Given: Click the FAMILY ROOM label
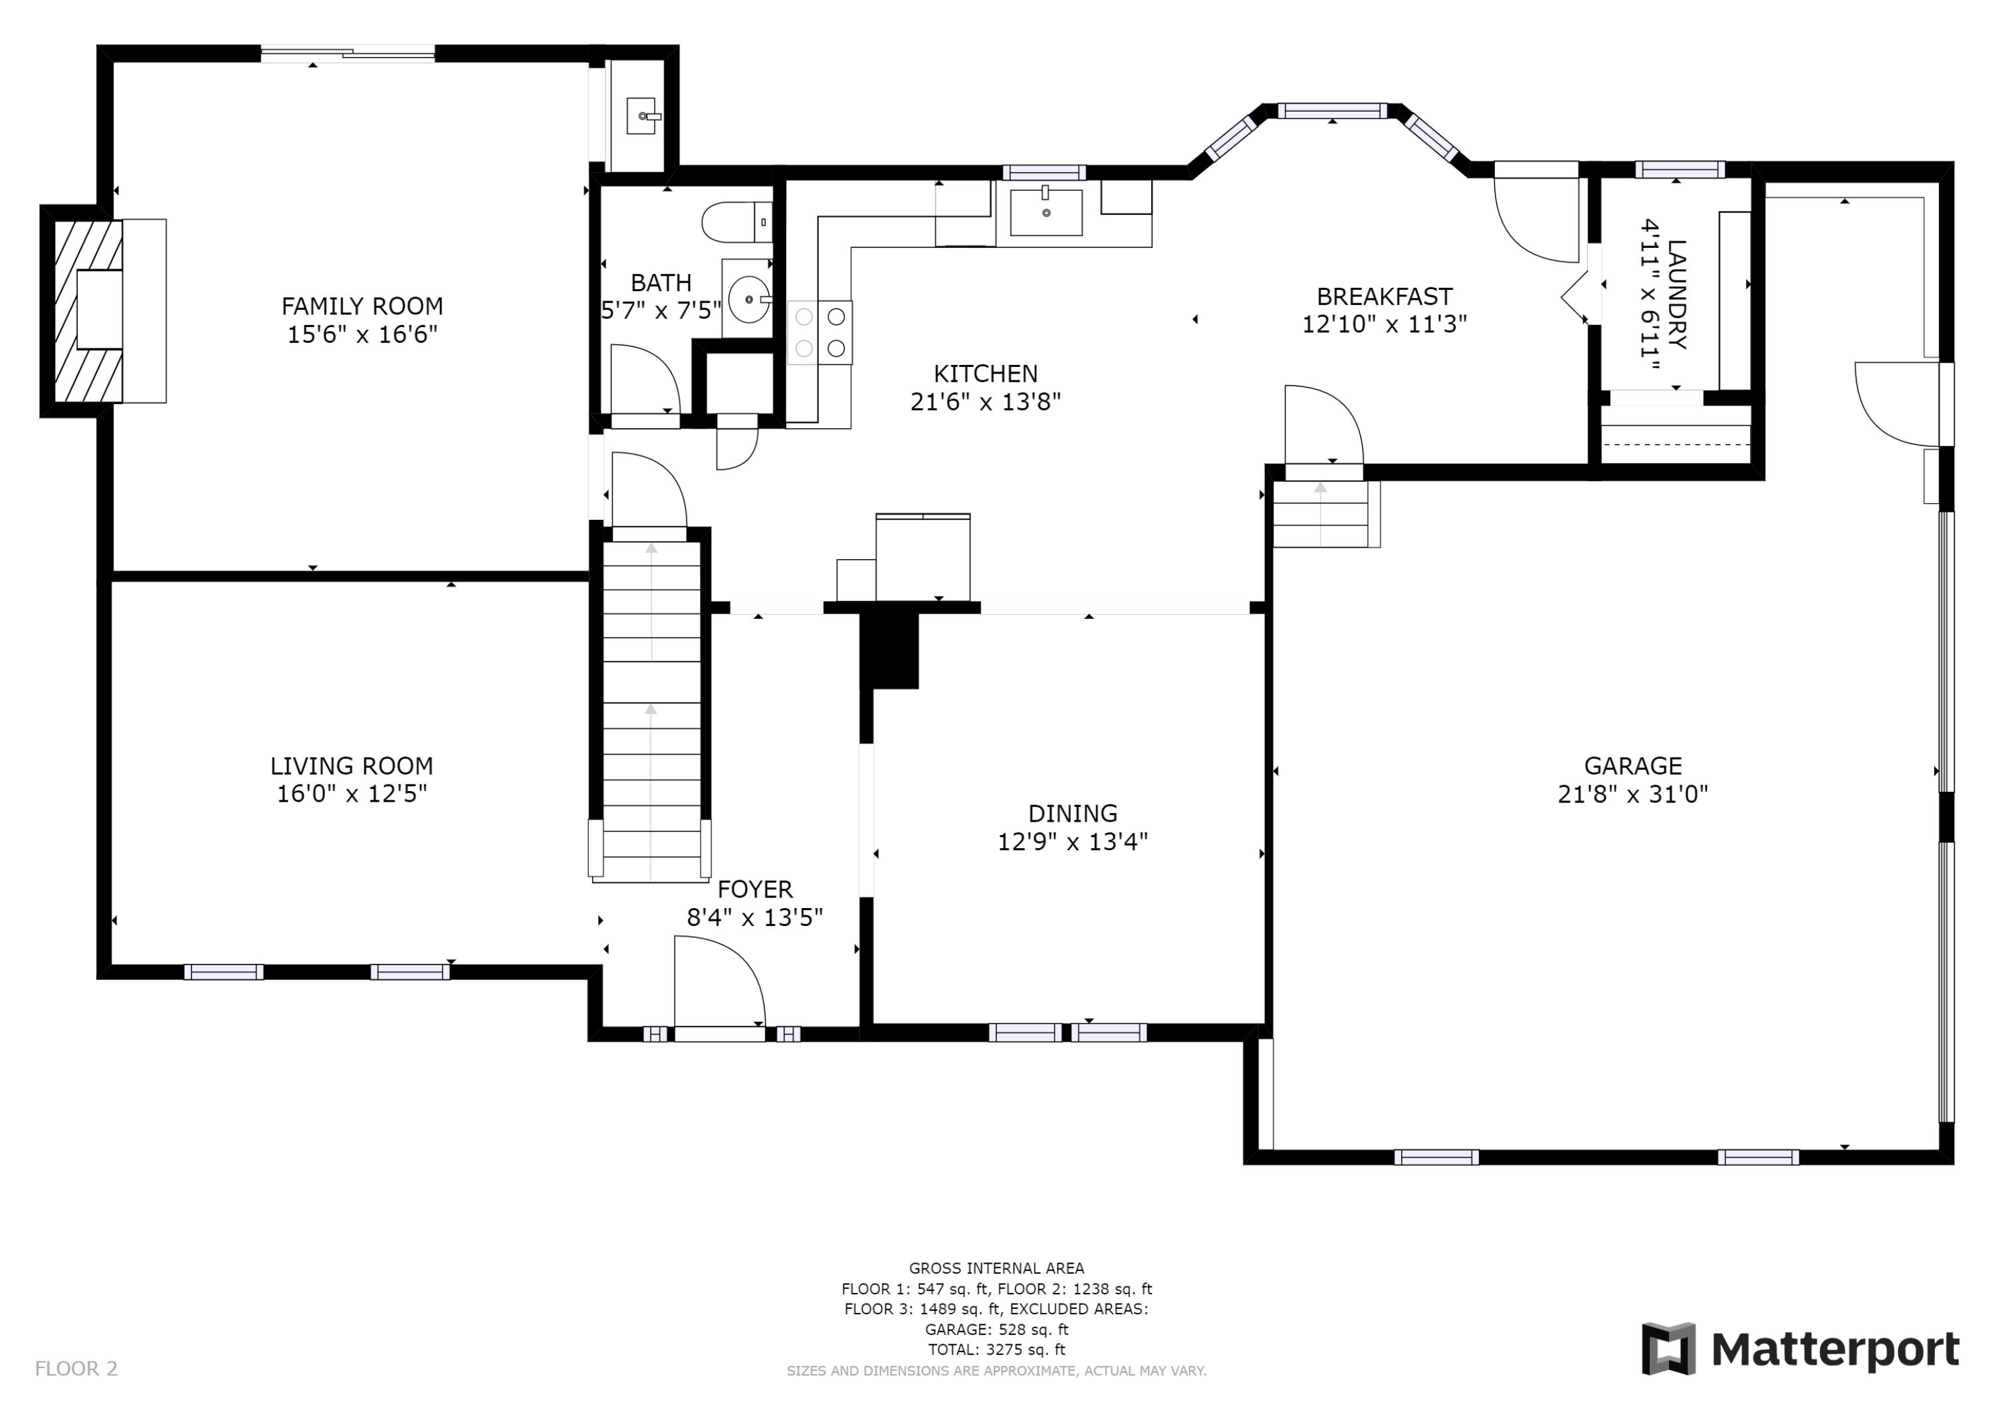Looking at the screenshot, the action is point(362,306).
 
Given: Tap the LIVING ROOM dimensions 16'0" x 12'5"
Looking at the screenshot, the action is point(352,794).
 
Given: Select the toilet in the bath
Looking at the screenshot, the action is point(736,223).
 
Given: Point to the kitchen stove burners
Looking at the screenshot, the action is point(820,332).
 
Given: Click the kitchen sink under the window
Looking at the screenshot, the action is point(1046,212).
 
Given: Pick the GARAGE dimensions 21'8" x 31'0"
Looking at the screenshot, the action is point(1632,794).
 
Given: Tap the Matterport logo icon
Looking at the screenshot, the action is point(1668,1350).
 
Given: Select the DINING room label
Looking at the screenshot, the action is point(1073,814).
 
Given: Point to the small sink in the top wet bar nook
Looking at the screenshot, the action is point(643,116).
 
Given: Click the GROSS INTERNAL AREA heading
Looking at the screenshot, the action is point(996,1268).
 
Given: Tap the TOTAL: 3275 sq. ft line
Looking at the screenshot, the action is point(996,1350).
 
